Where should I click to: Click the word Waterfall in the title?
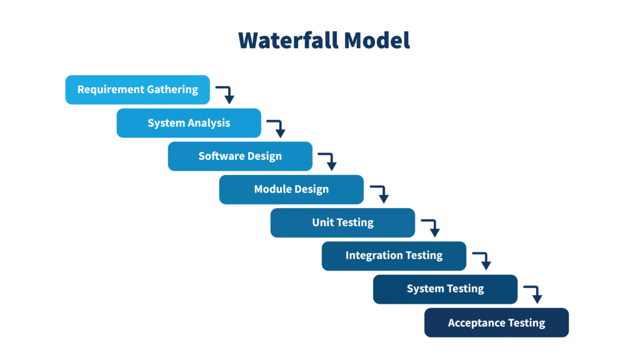click(x=288, y=40)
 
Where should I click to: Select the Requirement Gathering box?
click(x=137, y=89)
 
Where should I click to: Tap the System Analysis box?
click(x=189, y=123)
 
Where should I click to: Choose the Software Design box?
click(x=240, y=156)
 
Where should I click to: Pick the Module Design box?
click(x=291, y=189)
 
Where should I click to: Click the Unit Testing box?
click(x=342, y=222)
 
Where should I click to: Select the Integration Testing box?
click(x=394, y=256)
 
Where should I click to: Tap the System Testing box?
click(x=445, y=289)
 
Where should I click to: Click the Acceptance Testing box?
click(x=496, y=322)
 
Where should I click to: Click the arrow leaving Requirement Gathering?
click(x=226, y=94)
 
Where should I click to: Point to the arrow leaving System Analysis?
click(x=277, y=127)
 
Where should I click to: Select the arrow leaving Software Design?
click(x=329, y=161)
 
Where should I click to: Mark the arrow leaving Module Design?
click(x=381, y=194)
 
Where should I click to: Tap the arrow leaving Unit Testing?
click(x=431, y=227)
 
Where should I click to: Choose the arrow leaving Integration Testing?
click(x=482, y=260)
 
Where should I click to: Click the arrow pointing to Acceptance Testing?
click(x=534, y=293)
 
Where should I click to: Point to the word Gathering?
click(x=172, y=89)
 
